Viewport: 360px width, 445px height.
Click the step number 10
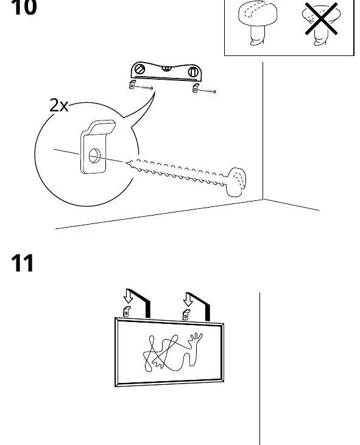[x=24, y=7]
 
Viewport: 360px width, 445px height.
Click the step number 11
[x=23, y=263]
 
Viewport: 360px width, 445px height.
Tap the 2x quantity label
[x=58, y=105]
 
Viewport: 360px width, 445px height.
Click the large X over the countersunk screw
[x=321, y=19]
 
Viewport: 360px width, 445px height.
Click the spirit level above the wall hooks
[x=166, y=71]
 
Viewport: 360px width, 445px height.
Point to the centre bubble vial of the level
[x=167, y=68]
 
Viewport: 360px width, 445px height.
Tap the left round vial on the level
[x=139, y=69]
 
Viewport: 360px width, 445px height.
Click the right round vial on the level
[x=192, y=71]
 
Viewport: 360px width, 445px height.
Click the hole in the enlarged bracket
[x=94, y=155]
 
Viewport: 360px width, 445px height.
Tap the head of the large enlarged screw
[x=236, y=182]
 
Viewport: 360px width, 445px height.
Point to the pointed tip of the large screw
[x=127, y=163]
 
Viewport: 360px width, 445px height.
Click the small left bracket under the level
[x=132, y=85]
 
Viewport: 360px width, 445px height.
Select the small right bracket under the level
[x=196, y=88]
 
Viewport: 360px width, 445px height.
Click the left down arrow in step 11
[x=128, y=296]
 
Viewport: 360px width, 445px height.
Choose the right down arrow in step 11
[x=188, y=300]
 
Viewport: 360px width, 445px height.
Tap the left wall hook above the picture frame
[x=127, y=311]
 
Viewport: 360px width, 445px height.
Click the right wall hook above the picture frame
[x=186, y=315]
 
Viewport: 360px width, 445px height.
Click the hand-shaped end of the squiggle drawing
[x=196, y=338]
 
